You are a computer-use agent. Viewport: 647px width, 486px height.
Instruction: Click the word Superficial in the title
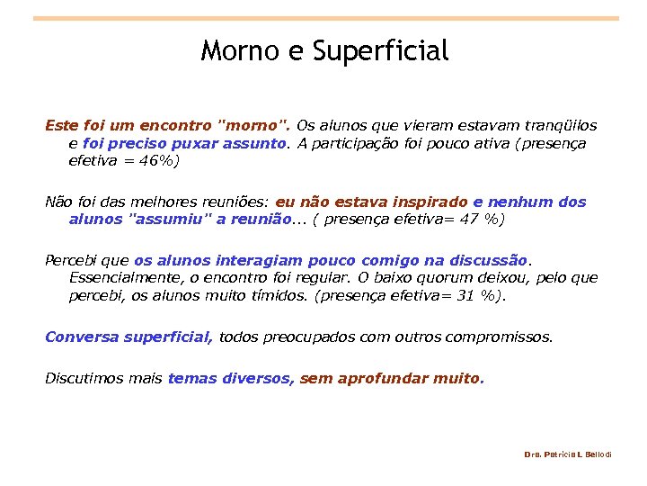(x=381, y=51)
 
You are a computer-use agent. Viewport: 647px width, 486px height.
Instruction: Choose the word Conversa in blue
(x=82, y=337)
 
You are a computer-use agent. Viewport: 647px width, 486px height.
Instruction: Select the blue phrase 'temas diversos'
(x=230, y=378)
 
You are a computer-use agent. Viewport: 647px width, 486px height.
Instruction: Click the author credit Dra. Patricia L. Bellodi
(x=567, y=454)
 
